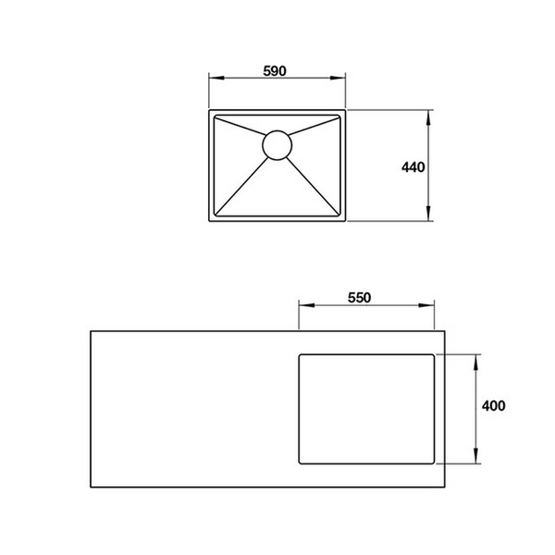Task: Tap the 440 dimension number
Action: click(x=413, y=167)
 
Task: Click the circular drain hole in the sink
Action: click(x=277, y=145)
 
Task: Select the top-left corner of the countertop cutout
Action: click(x=299, y=354)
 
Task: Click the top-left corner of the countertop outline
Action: click(x=90, y=328)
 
